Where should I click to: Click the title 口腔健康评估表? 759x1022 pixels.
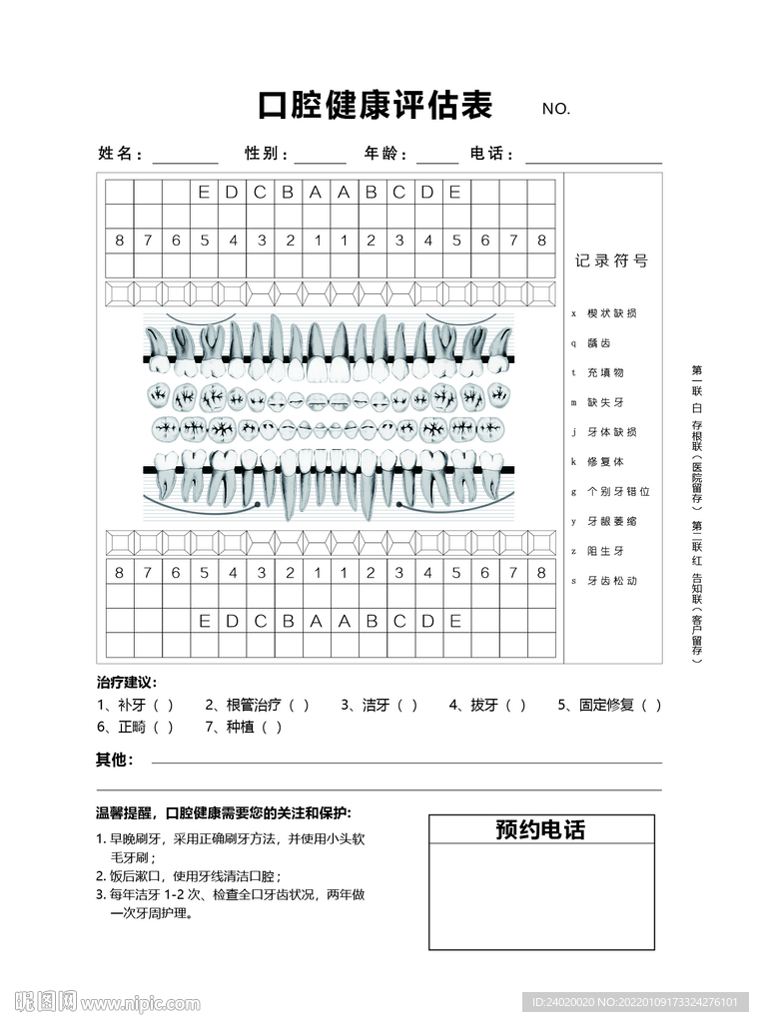(377, 105)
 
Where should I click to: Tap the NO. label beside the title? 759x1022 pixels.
(555, 109)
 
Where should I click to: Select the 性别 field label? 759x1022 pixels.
(267, 154)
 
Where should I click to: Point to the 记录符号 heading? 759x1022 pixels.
(612, 260)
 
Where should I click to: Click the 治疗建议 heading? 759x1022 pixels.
(127, 683)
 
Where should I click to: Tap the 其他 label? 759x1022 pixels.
(114, 760)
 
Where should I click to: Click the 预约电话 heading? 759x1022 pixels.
(540, 829)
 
